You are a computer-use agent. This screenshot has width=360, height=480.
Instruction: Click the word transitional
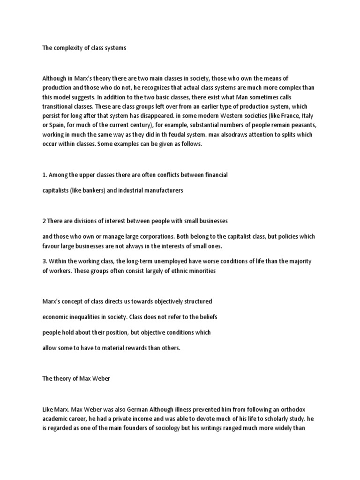pos(60,106)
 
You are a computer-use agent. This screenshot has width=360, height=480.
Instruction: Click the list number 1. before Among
pos(45,175)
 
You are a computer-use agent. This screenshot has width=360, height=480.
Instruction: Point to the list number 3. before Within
pos(45,261)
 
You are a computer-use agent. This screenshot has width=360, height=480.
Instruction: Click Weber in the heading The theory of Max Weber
pos(101,378)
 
